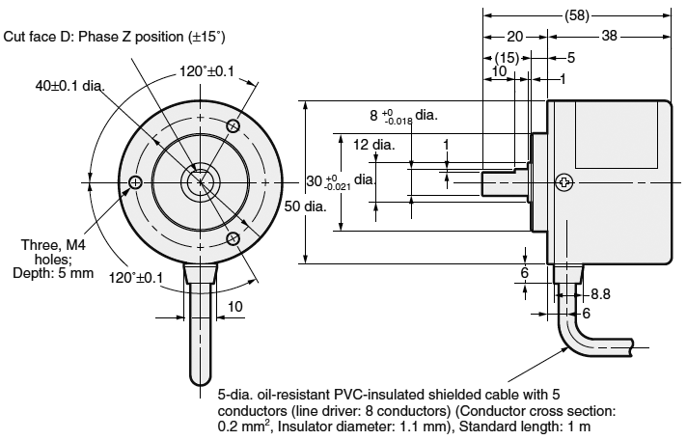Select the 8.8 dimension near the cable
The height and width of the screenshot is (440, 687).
coord(601,292)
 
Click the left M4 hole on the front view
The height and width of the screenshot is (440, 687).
coord(134,181)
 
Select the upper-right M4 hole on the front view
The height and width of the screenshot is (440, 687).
coord(233,124)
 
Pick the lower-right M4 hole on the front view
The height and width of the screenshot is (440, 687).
coord(233,237)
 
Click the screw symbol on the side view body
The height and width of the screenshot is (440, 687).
coord(564,181)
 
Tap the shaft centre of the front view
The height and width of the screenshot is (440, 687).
coord(200,181)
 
